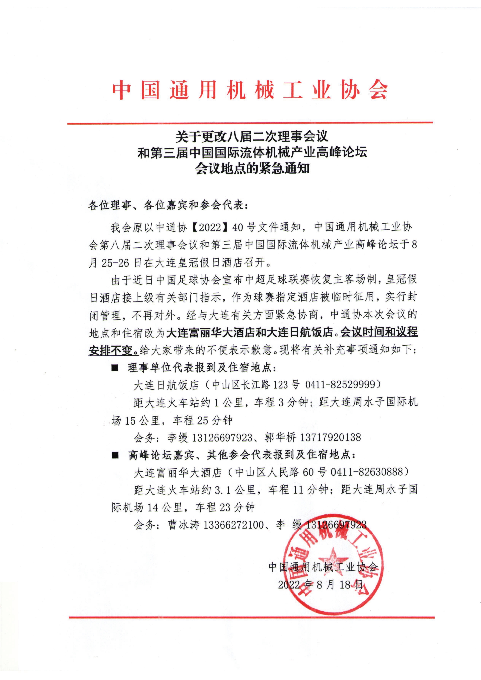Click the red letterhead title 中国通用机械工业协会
point(250,89)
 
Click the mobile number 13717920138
point(331,437)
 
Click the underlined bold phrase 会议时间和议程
point(379,332)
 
